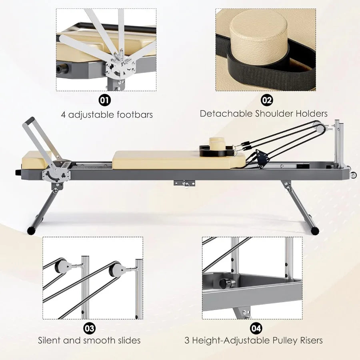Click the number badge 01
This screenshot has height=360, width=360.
pyautogui.click(x=105, y=100)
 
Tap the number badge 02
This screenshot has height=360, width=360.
pyautogui.click(x=267, y=100)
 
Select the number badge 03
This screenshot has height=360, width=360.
pyautogui.click(x=90, y=329)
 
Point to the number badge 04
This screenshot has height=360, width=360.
pyautogui.click(x=256, y=329)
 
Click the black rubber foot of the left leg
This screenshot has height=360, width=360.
pyautogui.click(x=31, y=230)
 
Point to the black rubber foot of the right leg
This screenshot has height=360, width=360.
pyautogui.click(x=316, y=230)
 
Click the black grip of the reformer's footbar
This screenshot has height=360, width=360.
pyautogui.click(x=30, y=121)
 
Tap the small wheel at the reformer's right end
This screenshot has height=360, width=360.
pyautogui.click(x=353, y=175)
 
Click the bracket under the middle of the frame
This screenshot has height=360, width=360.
pyautogui.click(x=184, y=183)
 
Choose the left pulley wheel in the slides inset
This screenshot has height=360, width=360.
pyautogui.click(x=62, y=266)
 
